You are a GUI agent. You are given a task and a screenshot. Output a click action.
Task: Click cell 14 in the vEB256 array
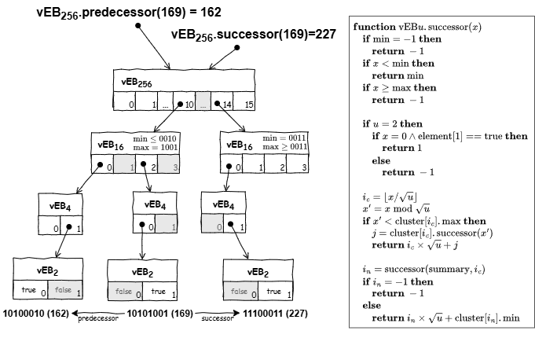tap(227, 102)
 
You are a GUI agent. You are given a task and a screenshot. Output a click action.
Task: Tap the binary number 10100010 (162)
tap(36, 314)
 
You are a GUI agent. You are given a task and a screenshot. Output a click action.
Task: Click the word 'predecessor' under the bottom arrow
tap(97, 320)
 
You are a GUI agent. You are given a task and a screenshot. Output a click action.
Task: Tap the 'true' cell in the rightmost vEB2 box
tap(277, 291)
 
